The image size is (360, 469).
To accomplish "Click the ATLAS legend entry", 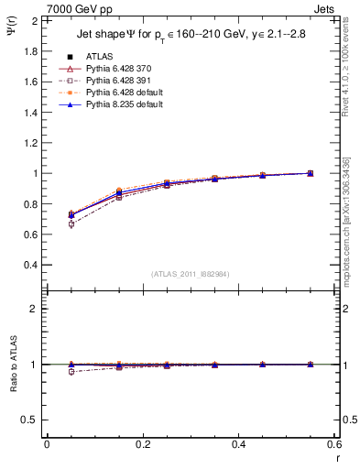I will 100,56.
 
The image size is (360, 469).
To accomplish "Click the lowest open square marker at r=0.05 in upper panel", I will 71,224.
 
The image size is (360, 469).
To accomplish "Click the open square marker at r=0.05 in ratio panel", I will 71,372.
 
